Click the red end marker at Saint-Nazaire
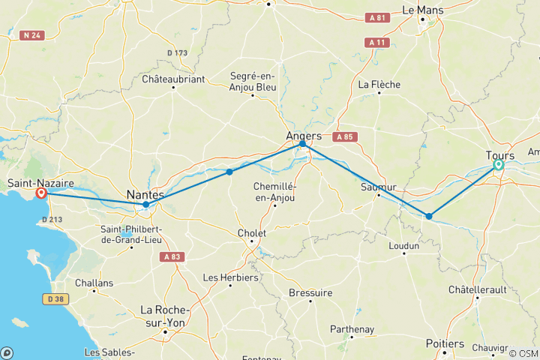click(41, 193)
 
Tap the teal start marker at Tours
click(499, 165)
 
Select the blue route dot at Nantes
click(145, 204)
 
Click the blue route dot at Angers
click(303, 143)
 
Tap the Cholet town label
click(251, 233)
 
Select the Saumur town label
click(377, 187)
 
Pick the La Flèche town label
click(379, 84)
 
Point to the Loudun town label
click(403, 244)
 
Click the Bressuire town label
click(310, 292)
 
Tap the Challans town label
click(94, 283)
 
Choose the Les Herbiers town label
click(231, 277)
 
